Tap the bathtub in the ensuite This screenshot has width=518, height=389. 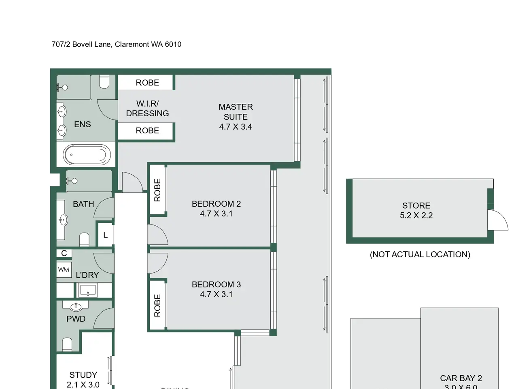coord(87,155)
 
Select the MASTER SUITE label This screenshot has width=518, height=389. coord(236,112)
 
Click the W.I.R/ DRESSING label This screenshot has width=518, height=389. coord(147,109)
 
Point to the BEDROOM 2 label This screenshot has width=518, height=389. coord(216,204)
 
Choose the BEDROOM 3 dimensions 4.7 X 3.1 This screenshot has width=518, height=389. coord(216,295)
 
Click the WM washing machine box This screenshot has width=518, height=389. coord(64,270)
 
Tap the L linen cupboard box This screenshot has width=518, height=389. coord(105,235)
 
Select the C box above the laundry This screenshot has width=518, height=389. coord(64,253)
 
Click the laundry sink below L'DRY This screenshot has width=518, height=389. coord(88,290)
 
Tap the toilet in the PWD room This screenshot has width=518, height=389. coord(67,345)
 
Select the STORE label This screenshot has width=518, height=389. coord(416,205)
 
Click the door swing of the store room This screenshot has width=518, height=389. coord(497,221)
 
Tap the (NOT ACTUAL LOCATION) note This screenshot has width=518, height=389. coord(420,254)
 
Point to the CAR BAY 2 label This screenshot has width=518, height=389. coord(461,378)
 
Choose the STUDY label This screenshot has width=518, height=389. coord(83,375)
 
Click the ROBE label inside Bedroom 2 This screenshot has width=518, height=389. coord(157,190)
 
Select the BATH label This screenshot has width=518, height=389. coord(83,204)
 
